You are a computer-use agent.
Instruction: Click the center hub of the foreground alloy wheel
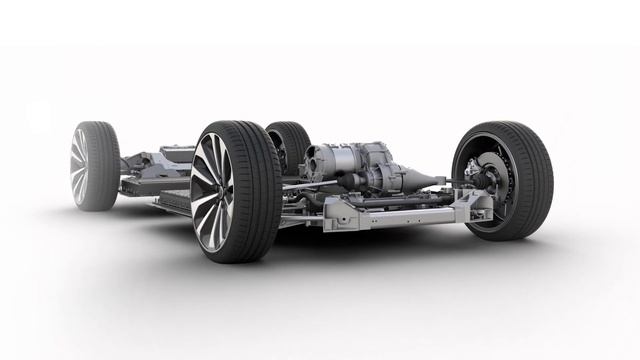(212, 191)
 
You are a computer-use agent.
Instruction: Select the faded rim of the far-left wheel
(79, 166)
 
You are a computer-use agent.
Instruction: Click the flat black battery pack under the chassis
(170, 201)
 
